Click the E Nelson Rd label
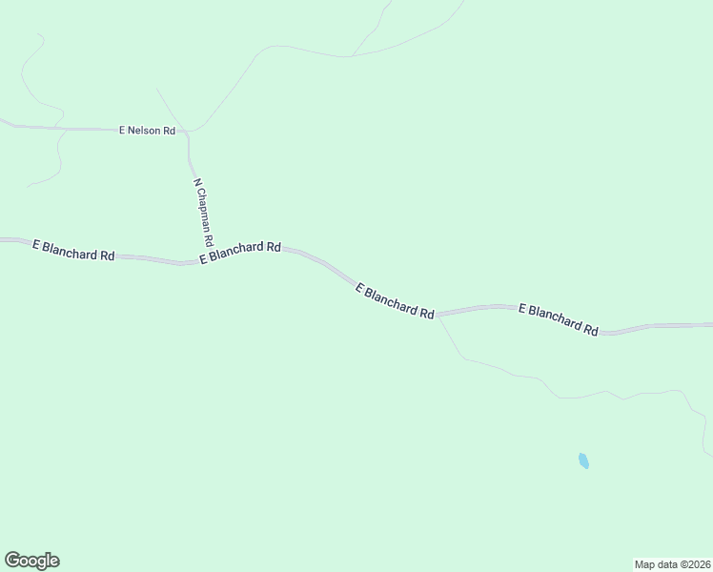pyautogui.click(x=147, y=130)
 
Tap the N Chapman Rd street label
pyautogui.click(x=203, y=212)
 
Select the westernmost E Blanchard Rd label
pyautogui.click(x=73, y=251)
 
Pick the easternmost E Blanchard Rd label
pyautogui.click(x=558, y=319)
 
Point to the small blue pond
pyautogui.click(x=583, y=460)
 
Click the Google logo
pyautogui.click(x=31, y=561)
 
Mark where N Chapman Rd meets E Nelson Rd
pyautogui.click(x=188, y=131)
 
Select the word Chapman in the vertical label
pyautogui.click(x=203, y=212)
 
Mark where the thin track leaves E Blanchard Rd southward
pyautogui.click(x=438, y=317)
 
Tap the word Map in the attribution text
pyautogui.click(x=645, y=563)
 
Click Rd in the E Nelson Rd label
pyautogui.click(x=169, y=130)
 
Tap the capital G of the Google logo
pyautogui.click(x=12, y=561)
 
